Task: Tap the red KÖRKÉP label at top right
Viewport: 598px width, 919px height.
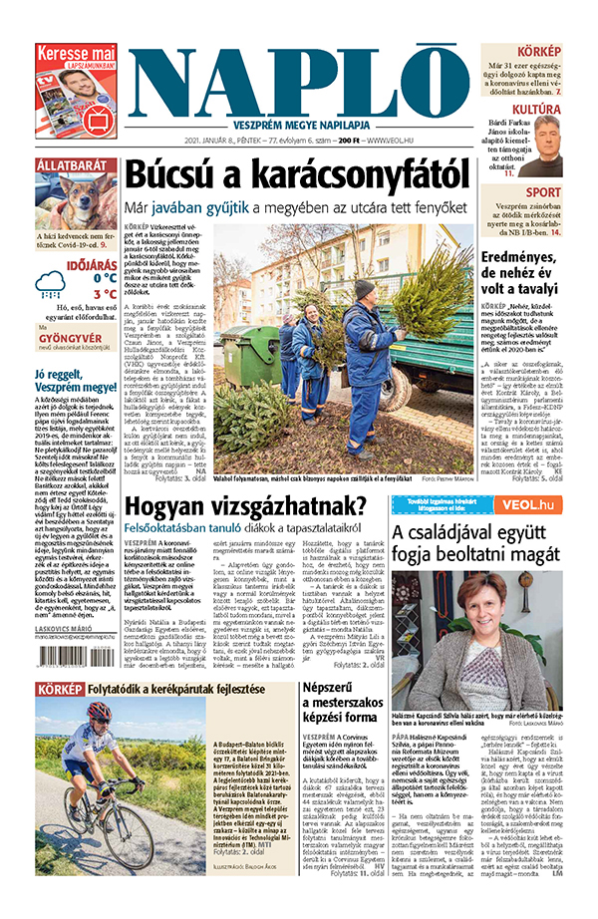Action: point(538,51)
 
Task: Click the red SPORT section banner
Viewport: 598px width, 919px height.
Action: point(542,191)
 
